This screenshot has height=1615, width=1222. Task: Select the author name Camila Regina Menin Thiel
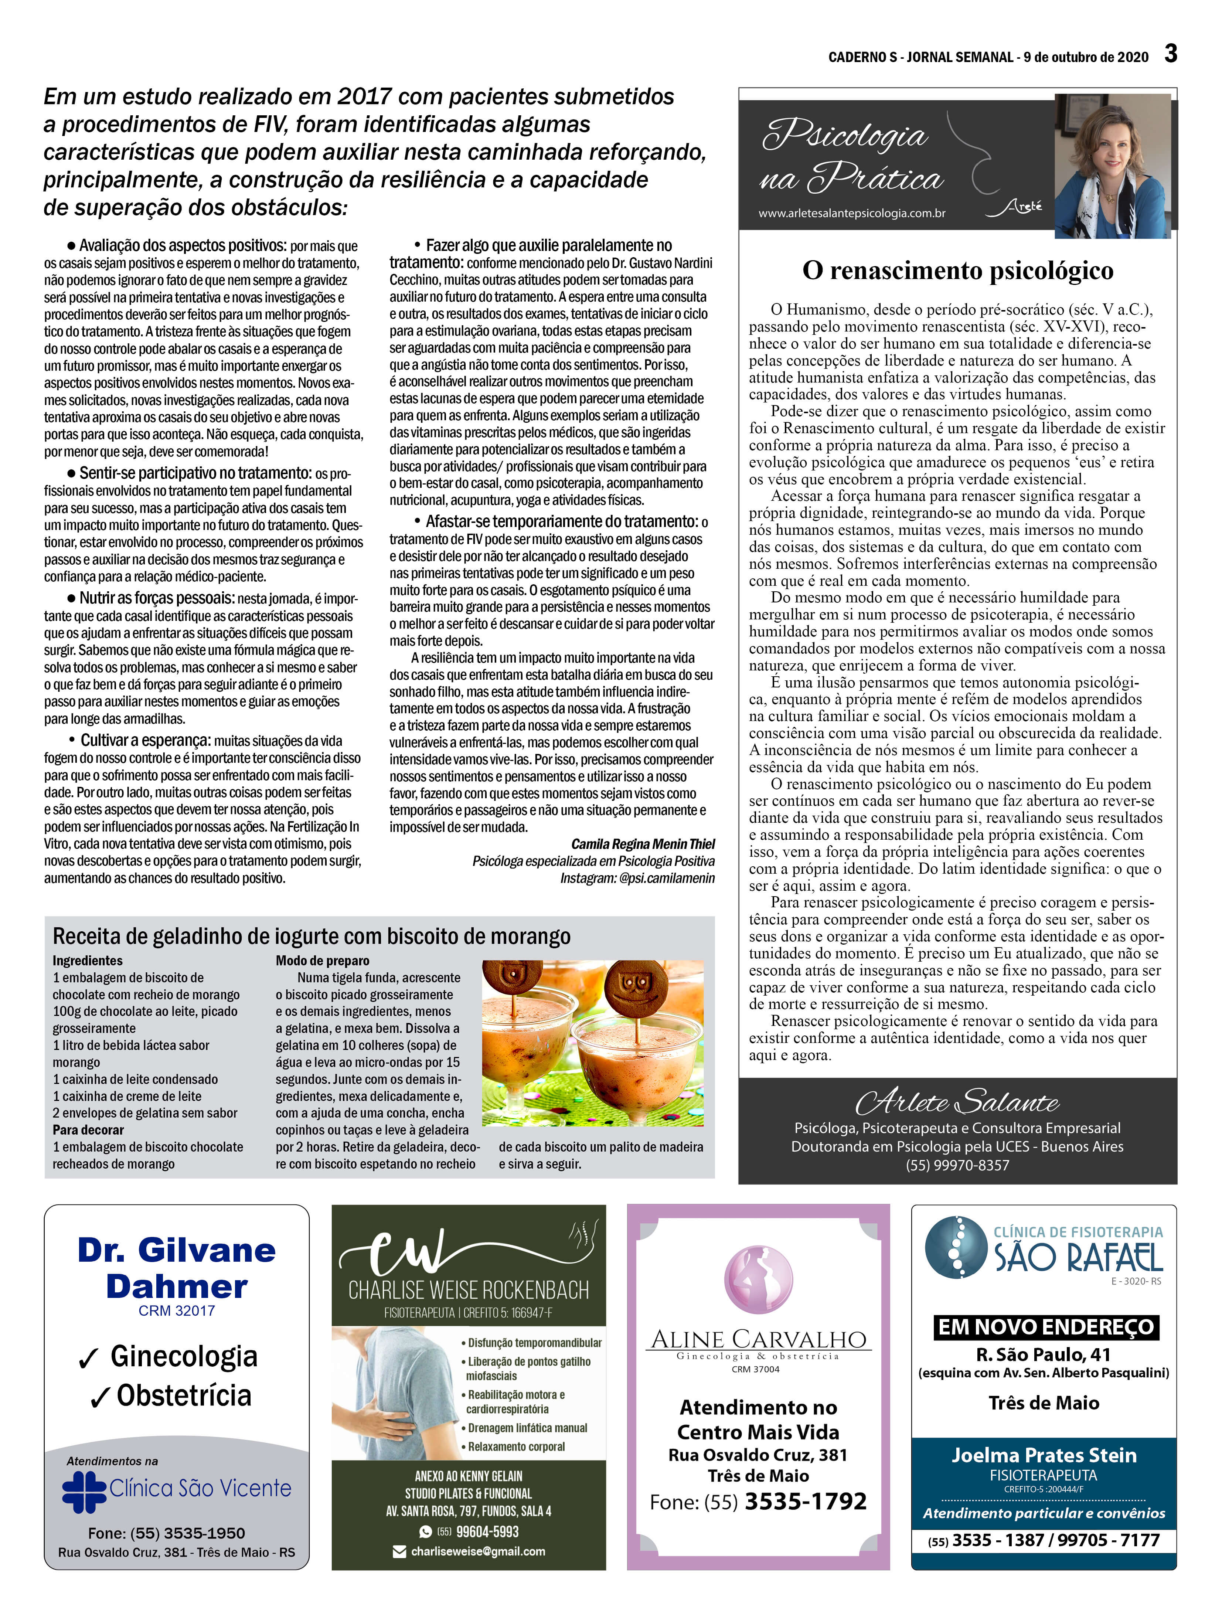642,844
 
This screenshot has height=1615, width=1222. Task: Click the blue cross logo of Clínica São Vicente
84,1492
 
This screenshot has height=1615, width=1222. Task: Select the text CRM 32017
177,1310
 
